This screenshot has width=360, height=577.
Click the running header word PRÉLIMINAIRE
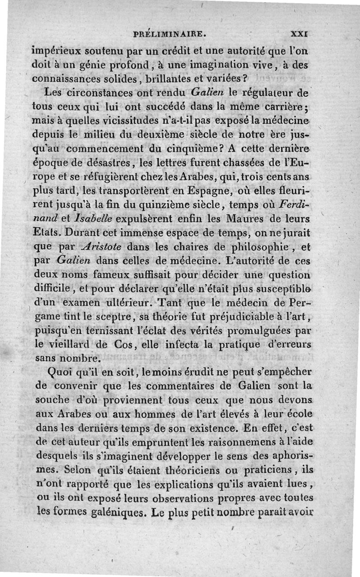[x=173, y=33]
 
